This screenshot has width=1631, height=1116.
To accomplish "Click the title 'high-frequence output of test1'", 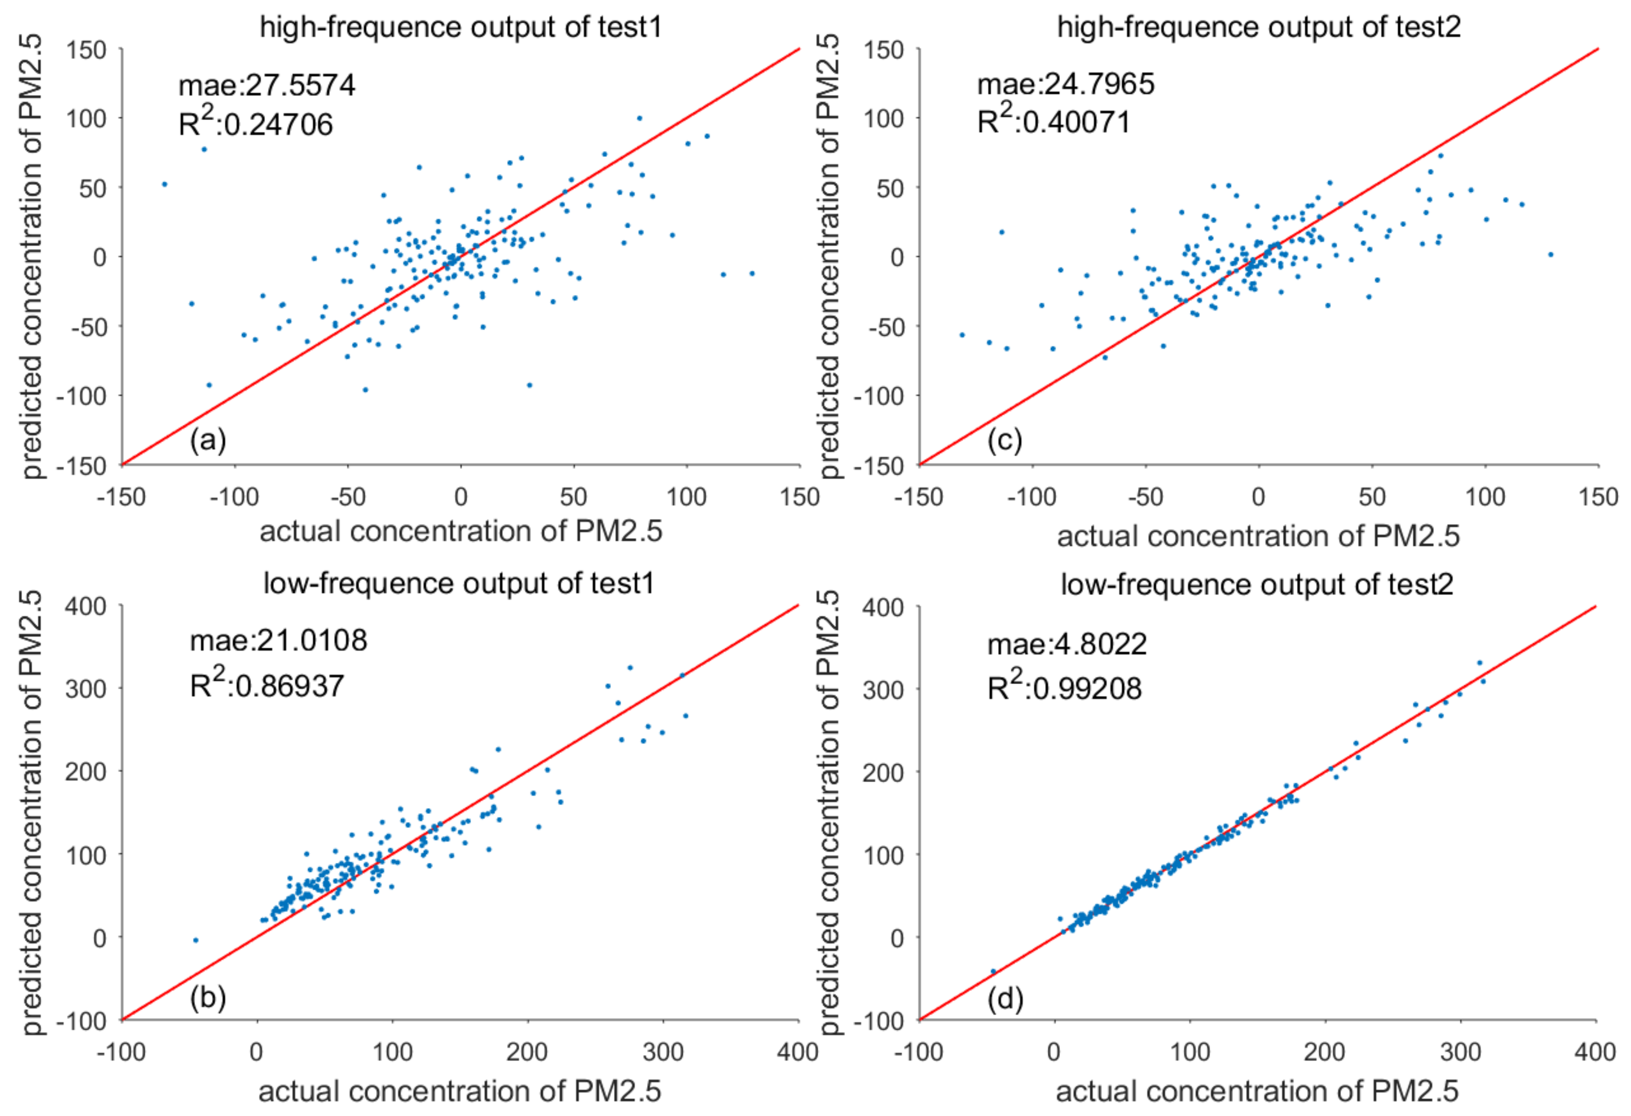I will click(460, 27).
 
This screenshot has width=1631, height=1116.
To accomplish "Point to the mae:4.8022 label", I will click(1067, 644).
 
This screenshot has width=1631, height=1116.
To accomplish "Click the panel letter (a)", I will click(208, 440).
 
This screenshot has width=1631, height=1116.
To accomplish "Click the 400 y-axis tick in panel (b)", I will click(85, 606).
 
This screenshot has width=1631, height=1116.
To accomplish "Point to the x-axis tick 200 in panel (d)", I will click(1326, 1052).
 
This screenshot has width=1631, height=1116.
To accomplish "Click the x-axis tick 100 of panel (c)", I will click(1485, 498).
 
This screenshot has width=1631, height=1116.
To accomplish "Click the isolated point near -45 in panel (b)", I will click(196, 940).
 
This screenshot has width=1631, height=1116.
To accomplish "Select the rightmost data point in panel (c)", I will click(1551, 255).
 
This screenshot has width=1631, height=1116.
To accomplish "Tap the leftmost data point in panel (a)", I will click(164, 184).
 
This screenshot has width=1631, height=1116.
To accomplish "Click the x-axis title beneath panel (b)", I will click(460, 1092).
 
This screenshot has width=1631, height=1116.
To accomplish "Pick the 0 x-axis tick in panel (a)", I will click(460, 498).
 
